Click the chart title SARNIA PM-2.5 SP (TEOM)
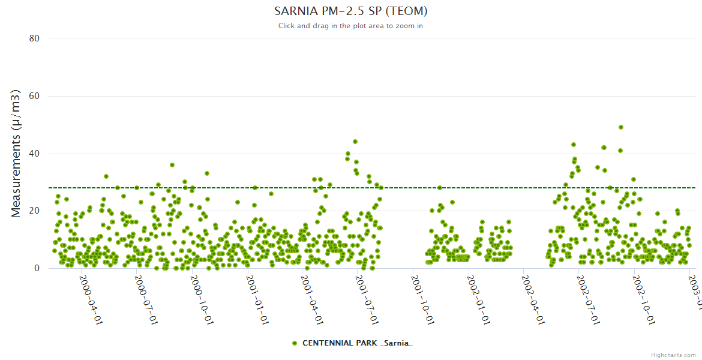tap(350, 11)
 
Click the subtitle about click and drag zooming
tap(350, 26)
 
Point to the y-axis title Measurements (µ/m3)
tap(16, 153)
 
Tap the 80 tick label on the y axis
tap(34, 38)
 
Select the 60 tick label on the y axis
tap(34, 96)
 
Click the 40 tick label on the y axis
tap(34, 154)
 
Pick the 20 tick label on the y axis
tap(34, 211)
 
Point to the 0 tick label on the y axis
tap(37, 268)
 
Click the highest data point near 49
tap(621, 127)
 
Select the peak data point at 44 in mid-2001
tap(355, 142)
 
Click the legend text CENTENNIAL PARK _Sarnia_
tap(357, 343)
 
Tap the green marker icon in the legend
tap(294, 343)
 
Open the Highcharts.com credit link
tap(673, 355)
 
